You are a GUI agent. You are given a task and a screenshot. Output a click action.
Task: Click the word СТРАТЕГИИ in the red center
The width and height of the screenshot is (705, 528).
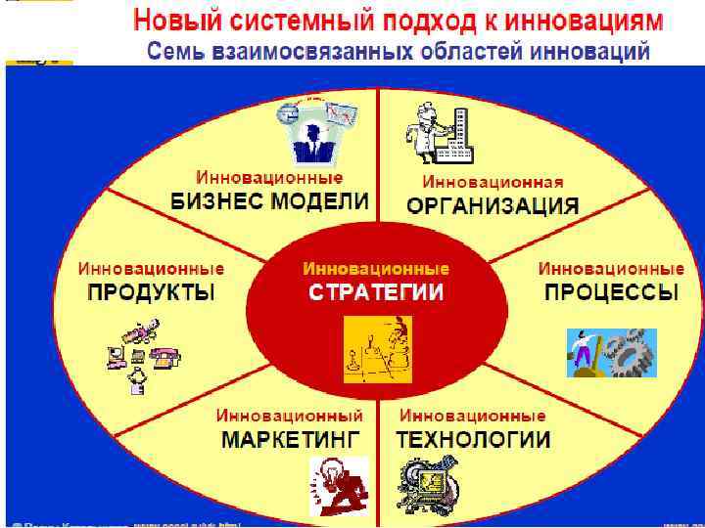(x=376, y=291)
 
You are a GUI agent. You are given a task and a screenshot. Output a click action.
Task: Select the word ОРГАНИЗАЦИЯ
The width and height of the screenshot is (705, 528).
(x=493, y=206)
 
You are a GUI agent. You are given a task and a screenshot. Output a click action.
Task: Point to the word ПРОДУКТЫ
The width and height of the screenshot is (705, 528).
(x=151, y=291)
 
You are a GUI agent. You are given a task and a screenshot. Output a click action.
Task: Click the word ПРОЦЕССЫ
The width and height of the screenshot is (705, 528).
(x=611, y=291)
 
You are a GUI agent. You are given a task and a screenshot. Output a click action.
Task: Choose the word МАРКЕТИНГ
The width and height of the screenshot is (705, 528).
(x=291, y=438)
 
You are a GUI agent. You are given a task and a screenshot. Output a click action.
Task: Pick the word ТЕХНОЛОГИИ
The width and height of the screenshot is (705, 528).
(x=473, y=438)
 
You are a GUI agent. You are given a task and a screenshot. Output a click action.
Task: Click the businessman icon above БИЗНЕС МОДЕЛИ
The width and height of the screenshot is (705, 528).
(x=319, y=132)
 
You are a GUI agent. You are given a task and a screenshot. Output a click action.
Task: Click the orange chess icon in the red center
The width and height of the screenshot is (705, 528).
(x=377, y=348)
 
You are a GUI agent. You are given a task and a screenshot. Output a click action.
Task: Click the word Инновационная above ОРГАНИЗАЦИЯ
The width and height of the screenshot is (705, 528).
(x=493, y=182)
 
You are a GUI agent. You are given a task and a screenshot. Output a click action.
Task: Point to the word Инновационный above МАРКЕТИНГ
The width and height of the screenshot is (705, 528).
(x=289, y=415)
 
